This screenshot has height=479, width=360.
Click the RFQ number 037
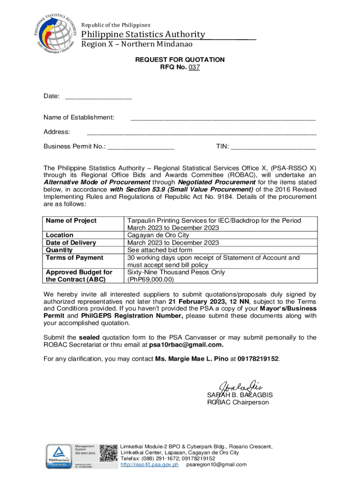tap(194, 67)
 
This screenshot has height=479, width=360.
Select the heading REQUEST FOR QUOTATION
tap(180, 60)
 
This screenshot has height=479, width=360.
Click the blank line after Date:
tap(99, 97)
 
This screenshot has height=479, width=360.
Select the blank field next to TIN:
tap(273, 147)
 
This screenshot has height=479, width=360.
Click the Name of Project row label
tap(71, 220)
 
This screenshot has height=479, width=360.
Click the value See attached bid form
tap(159, 250)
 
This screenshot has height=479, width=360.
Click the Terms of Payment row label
tap(74, 257)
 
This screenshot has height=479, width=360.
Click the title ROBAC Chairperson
tap(238, 402)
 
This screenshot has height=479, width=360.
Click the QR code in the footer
tap(108, 454)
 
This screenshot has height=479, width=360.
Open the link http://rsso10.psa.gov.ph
tap(150, 465)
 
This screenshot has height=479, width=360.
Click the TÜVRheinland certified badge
tap(58, 455)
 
